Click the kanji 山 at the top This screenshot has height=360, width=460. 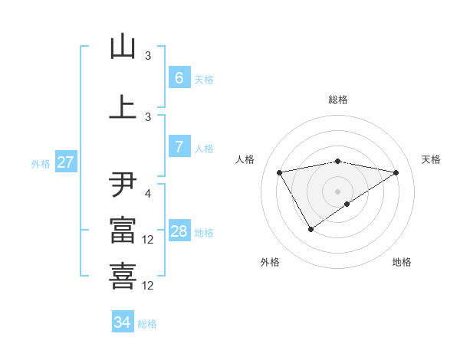[x=123, y=47]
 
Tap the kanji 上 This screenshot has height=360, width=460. [x=123, y=107]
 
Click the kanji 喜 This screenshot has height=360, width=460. [x=123, y=276]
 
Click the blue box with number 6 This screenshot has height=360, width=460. [x=179, y=78]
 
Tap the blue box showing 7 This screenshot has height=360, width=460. [x=179, y=147]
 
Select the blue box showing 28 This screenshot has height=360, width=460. [x=179, y=231]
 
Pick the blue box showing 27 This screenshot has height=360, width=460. [x=65, y=162]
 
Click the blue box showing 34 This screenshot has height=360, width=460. [x=122, y=322]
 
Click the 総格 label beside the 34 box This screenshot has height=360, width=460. [x=147, y=324]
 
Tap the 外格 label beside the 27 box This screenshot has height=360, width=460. [x=41, y=163]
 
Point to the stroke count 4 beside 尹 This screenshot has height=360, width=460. [x=149, y=194]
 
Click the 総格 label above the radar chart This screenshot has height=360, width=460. [x=338, y=100]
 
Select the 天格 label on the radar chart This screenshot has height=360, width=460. [x=431, y=159]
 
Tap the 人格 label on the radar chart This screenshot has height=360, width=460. [x=245, y=159]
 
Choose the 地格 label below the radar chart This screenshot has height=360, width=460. [x=402, y=262]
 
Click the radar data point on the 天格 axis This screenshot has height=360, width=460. [x=396, y=172]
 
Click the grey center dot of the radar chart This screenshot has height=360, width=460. [x=338, y=191]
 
